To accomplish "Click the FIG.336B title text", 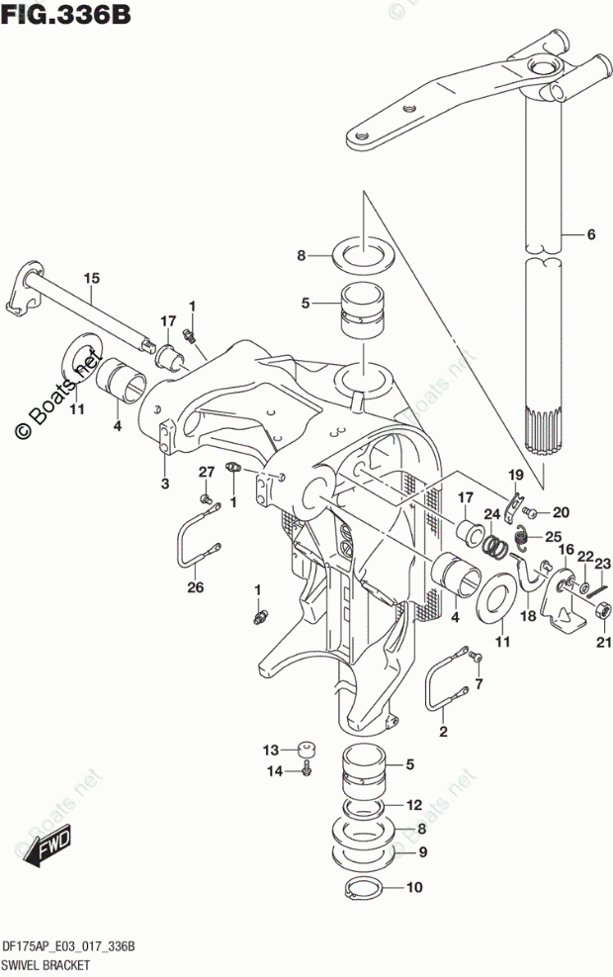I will [x=66, y=16].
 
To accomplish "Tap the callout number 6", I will [x=590, y=235].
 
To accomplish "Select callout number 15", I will [x=91, y=278].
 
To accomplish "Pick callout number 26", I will [x=195, y=588].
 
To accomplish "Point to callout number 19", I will [x=516, y=476].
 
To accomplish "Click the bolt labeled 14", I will [x=306, y=768].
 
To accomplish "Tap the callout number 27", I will [x=206, y=471].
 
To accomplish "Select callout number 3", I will [x=165, y=484].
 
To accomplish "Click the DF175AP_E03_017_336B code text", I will [x=68, y=946].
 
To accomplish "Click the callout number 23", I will [x=602, y=564].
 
